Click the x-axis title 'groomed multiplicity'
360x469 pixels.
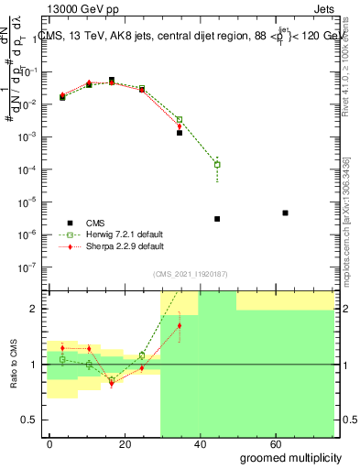(290, 458)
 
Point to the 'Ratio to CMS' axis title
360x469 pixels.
(14, 365)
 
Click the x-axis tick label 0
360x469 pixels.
(49, 444)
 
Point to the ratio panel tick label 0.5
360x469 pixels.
(29, 420)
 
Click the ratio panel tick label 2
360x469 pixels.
(33, 310)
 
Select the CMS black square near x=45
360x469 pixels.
(217, 219)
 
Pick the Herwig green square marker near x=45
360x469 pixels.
(217, 165)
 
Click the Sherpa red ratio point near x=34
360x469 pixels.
(180, 325)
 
